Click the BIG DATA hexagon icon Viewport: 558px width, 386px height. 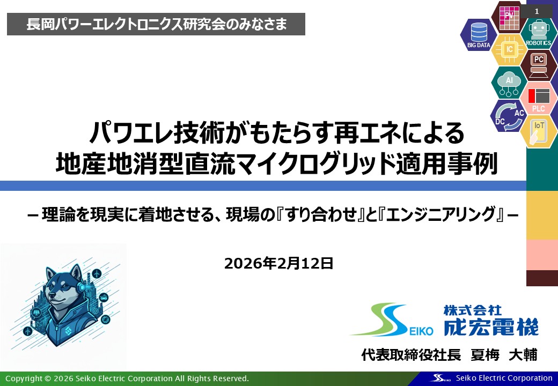coord(479,35)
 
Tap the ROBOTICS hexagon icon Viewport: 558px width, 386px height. coord(538,34)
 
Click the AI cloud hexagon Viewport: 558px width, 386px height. coord(509,81)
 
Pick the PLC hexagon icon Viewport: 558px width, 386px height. coord(538,98)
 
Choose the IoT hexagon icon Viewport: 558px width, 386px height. coord(538,130)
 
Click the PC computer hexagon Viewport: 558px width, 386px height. coord(538,63)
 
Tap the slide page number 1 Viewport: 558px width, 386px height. coord(537,11)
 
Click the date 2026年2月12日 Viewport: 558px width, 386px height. coord(279,263)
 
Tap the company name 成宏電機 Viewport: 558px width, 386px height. coord(490,325)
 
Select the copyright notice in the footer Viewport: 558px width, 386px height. coord(127,378)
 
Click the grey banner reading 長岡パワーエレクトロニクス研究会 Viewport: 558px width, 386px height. coord(156,24)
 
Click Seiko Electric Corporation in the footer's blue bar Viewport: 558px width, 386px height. coord(507,378)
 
